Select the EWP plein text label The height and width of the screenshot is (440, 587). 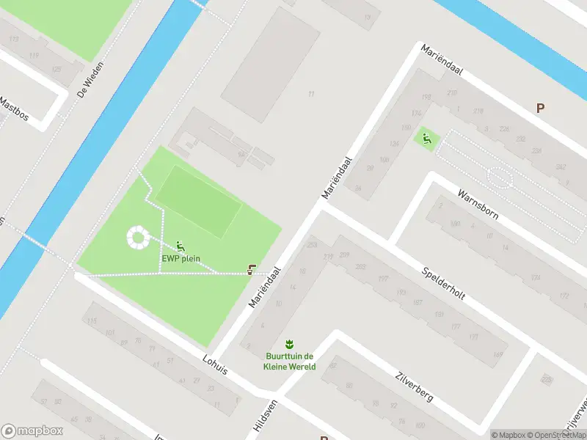pos(181,258)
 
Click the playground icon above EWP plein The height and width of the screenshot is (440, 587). pos(181,246)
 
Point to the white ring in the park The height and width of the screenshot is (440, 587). pos(136,236)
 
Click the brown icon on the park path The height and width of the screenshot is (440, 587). pos(252,270)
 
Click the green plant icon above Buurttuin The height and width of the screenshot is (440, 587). pos(290,343)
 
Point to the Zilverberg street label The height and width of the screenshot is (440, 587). pos(414,385)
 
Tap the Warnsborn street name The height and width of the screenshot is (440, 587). pos(477,206)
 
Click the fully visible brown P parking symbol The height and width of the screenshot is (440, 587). pos(540,108)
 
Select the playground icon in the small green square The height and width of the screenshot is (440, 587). pos(425,136)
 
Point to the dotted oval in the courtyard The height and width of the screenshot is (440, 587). pos(499,177)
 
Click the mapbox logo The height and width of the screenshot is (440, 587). pos(32,430)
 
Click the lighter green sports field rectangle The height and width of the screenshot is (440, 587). pos(198,200)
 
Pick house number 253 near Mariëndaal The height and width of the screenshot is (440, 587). pos(313,245)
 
